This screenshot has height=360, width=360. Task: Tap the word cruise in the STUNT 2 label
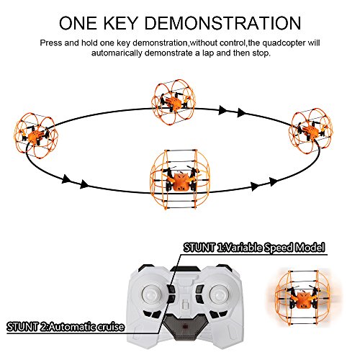(108, 328)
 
